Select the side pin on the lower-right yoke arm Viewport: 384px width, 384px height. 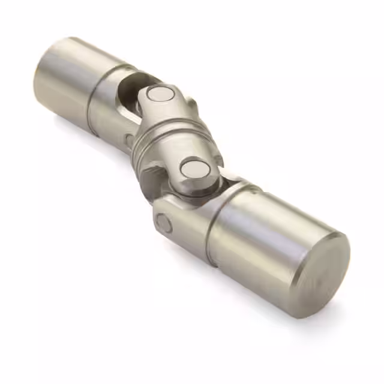coord(164,223)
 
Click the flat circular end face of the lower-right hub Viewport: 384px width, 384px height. coord(320,273)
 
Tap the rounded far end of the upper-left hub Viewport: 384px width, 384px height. coord(42,72)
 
